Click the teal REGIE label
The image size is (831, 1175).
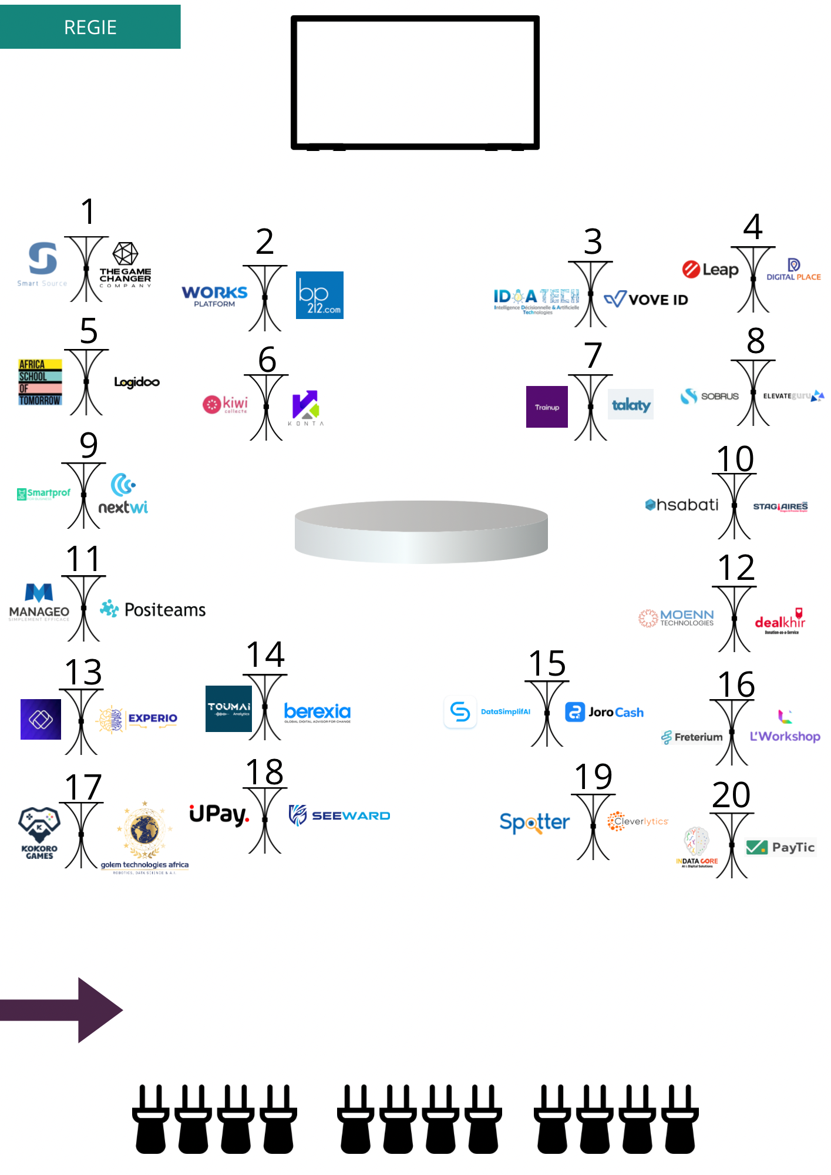tap(90, 27)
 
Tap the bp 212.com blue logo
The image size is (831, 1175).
tap(319, 295)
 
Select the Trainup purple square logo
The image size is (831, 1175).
tap(547, 407)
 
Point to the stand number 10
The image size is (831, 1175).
tap(735, 459)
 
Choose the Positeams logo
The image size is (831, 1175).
tap(153, 610)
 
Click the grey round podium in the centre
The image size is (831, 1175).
tap(421, 531)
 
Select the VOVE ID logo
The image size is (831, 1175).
tap(646, 300)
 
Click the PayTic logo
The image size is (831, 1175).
tap(780, 847)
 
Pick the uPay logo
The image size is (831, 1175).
tap(219, 814)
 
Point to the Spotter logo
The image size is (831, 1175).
tap(534, 822)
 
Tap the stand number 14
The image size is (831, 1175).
tap(265, 654)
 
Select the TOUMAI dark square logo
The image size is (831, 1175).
tap(228, 709)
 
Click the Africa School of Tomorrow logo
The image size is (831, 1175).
tap(40, 382)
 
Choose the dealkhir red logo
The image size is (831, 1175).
tap(780, 622)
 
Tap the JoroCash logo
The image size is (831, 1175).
tap(604, 712)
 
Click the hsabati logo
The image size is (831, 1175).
tap(682, 505)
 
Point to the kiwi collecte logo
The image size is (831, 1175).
tap(226, 404)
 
